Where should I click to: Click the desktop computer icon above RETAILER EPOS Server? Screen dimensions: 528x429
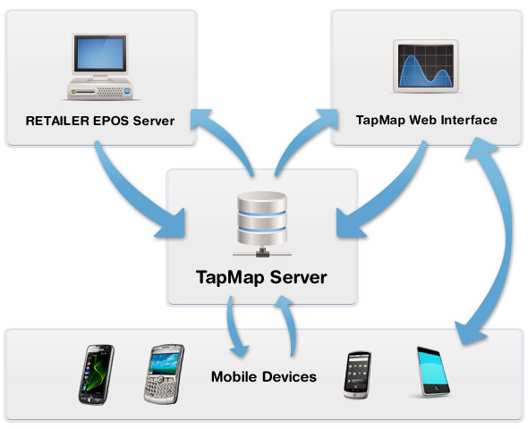click(x=100, y=66)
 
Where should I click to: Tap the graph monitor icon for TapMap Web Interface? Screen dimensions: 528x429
click(x=426, y=66)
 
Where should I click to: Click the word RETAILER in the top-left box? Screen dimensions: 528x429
click(x=57, y=121)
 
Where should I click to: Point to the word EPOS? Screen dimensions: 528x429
click(x=111, y=121)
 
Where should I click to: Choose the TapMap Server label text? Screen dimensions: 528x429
click(x=261, y=278)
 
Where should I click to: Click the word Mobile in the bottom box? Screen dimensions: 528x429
click(x=234, y=376)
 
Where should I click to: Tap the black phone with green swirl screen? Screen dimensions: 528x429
click(x=97, y=374)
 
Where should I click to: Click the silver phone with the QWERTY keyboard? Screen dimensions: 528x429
click(x=164, y=374)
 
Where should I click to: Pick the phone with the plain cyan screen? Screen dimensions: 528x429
click(x=433, y=371)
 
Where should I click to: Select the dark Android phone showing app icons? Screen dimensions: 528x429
click(x=358, y=374)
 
